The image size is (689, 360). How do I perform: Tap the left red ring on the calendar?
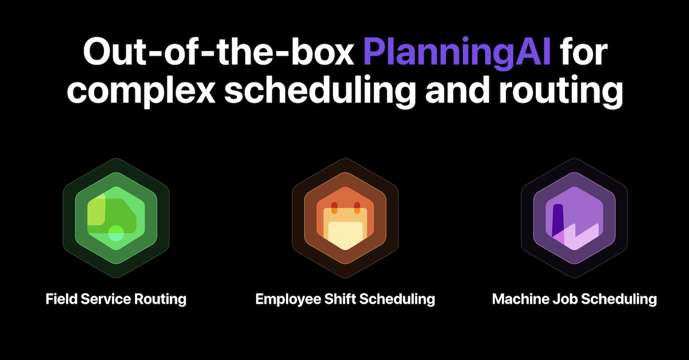[x=334, y=206]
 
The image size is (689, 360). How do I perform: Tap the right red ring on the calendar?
[x=356, y=206]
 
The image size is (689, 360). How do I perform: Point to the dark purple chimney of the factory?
[x=556, y=216]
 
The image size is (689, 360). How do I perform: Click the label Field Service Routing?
[x=116, y=299]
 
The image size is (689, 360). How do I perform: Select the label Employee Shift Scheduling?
[x=345, y=299]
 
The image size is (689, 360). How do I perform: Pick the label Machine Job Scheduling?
[x=574, y=299]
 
